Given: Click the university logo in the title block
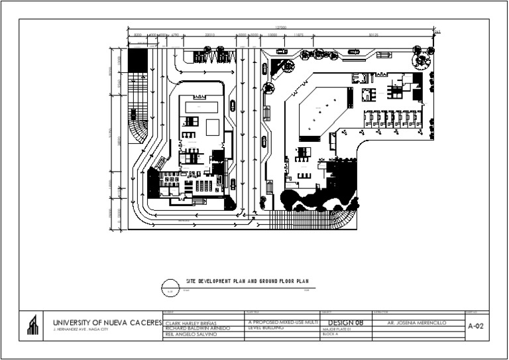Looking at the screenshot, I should click(32, 326).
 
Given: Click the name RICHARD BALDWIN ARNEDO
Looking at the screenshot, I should click(197, 328).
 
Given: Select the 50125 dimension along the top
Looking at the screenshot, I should click(373, 34).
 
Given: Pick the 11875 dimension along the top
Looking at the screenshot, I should click(299, 34).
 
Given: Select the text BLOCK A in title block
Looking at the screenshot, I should click(330, 335).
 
